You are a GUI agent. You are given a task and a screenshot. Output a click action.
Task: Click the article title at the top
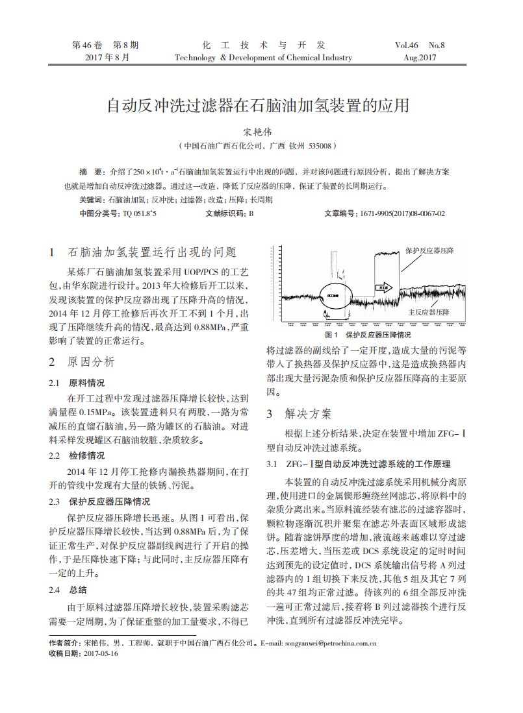pyautogui.click(x=258, y=106)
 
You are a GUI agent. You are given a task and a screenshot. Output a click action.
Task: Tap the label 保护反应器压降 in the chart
pyautogui.click(x=429, y=250)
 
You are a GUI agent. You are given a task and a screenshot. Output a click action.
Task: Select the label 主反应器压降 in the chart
pyautogui.click(x=429, y=312)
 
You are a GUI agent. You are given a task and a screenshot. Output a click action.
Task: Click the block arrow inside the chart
pyautogui.click(x=385, y=285)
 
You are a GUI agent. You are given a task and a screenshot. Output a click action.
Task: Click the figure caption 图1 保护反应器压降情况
pyautogui.click(x=368, y=335)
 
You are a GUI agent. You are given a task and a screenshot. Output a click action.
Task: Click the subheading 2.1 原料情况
pyautogui.click(x=77, y=382)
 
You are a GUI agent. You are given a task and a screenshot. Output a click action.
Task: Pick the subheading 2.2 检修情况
pyautogui.click(x=77, y=455)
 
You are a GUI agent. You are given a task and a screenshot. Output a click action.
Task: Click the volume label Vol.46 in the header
pyautogui.click(x=406, y=45)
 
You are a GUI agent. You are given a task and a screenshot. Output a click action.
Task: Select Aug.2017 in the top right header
pyautogui.click(x=420, y=58)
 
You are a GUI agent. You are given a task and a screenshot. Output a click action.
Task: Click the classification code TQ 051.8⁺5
pyautogui.click(x=140, y=213)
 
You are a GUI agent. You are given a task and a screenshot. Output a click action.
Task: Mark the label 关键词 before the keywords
pyautogui.click(x=90, y=200)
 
